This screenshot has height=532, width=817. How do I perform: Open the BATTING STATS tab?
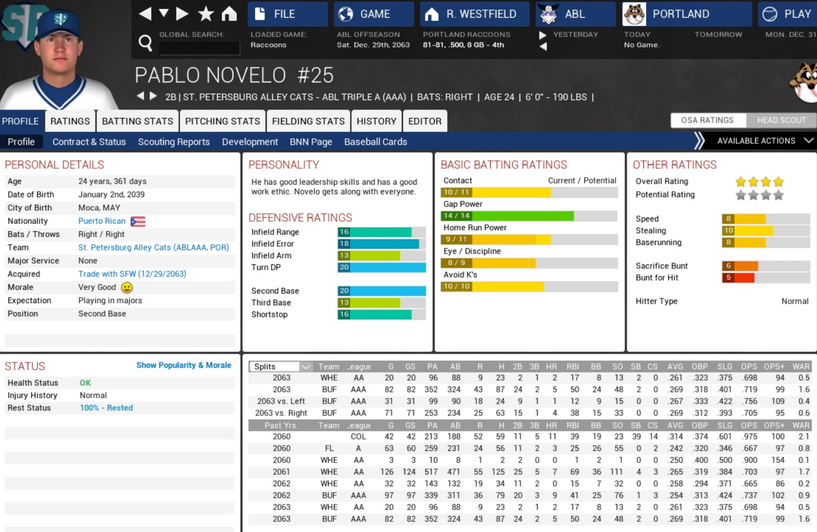137,121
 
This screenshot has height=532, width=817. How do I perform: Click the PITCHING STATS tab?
222,121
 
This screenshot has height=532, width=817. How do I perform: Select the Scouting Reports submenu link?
174,142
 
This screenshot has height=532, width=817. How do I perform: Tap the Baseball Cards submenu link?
375,142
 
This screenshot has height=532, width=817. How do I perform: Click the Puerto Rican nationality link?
102,221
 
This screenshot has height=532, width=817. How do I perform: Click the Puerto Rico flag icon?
138,221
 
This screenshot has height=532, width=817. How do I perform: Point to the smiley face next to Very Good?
127,288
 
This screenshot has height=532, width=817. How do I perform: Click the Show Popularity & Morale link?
184,365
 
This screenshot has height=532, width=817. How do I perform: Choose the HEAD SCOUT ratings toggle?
781,120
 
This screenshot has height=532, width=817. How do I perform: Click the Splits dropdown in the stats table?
281,367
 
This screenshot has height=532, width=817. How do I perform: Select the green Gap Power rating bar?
507,216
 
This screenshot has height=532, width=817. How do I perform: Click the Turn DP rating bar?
382,267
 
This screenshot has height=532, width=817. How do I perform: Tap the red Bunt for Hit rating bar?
738,278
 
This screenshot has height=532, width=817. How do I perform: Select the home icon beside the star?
229,14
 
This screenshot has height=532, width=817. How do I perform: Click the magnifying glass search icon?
145,42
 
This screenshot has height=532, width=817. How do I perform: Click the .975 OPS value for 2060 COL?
749,437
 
